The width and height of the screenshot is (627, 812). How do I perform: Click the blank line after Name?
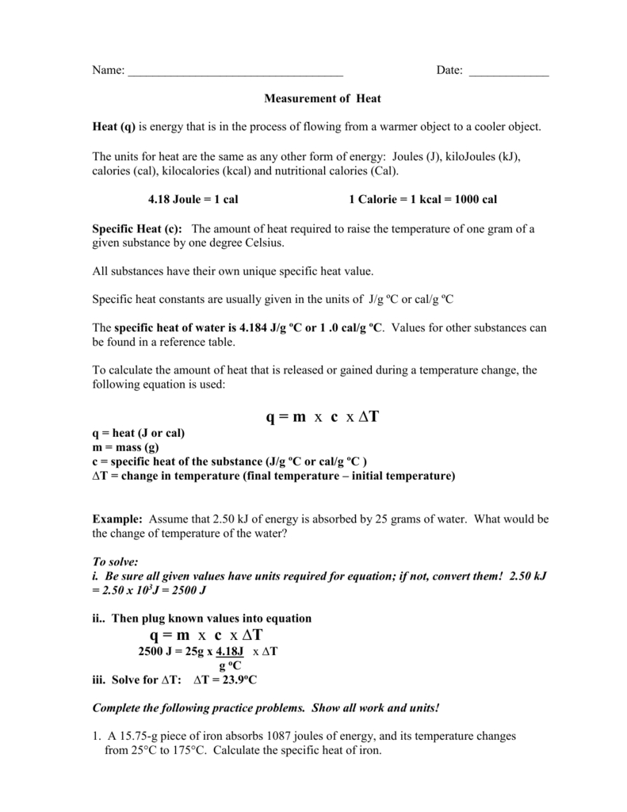tap(235, 72)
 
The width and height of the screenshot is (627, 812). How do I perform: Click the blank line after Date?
tap(509, 72)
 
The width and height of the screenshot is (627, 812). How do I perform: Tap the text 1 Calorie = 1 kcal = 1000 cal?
tap(423, 200)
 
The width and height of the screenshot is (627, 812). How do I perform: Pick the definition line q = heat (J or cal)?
tap(139, 434)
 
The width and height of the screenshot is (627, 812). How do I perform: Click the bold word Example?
tap(117, 519)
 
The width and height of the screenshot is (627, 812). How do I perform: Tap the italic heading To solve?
tap(116, 561)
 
